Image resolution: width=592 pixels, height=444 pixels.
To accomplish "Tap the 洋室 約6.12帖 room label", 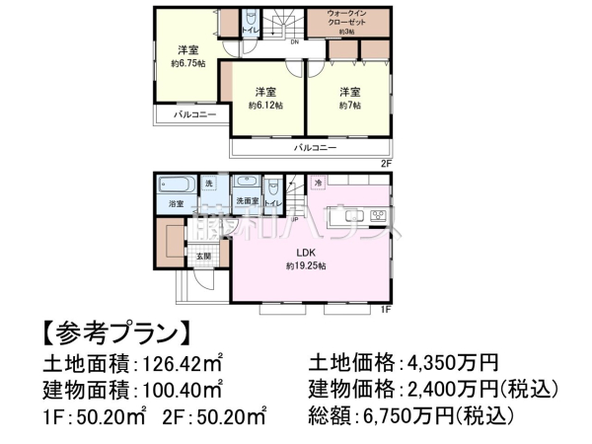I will click(265, 97).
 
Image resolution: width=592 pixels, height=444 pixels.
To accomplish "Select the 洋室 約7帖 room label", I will click(349, 97).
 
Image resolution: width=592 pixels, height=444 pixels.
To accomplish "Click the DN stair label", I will click(293, 42).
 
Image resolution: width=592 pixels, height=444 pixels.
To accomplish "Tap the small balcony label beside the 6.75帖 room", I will click(194, 115).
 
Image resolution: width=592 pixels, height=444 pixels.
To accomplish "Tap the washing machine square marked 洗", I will click(208, 185).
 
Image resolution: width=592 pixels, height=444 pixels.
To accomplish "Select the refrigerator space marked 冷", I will click(318, 184).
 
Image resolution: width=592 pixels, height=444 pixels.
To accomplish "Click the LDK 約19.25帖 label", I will click(305, 259).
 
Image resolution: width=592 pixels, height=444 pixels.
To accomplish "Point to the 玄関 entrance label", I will click(202, 256).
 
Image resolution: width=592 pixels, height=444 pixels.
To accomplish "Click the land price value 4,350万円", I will click(450, 361).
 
